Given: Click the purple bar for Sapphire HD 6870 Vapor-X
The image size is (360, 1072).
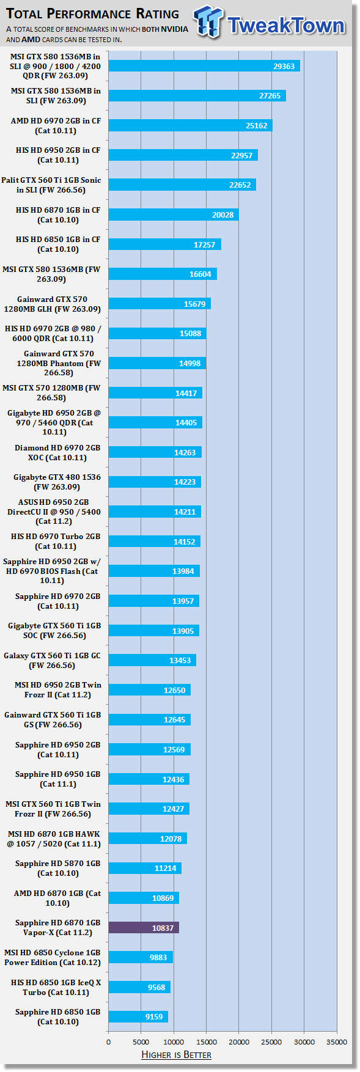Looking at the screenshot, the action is (144, 928).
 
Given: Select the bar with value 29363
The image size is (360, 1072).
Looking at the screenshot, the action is (204, 66).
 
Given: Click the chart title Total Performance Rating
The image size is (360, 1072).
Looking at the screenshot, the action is (92, 13).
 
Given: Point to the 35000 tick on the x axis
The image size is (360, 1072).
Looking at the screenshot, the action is (337, 1042).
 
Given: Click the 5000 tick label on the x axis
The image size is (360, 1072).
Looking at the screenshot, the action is (141, 1042).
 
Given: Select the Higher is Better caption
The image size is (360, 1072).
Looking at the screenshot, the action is (176, 1055).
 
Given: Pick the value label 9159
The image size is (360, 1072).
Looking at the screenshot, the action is (154, 1017).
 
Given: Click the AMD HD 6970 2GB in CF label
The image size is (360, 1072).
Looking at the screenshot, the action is (56, 126).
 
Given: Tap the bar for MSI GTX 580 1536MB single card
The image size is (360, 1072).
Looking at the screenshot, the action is (163, 274).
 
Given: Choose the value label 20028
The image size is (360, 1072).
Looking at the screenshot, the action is (223, 215).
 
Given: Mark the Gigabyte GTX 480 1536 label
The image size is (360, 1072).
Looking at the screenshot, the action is (57, 482).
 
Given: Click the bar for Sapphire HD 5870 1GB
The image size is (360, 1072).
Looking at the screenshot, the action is (145, 868).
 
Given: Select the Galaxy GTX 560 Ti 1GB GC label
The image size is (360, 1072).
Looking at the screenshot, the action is (52, 661).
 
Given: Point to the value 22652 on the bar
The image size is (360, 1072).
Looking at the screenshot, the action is (240, 185).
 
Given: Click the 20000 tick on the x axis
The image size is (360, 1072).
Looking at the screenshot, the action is (239, 1042).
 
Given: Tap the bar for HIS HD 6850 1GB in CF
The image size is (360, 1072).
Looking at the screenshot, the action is (165, 244).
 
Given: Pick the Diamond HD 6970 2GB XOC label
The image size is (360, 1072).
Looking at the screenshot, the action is (57, 453).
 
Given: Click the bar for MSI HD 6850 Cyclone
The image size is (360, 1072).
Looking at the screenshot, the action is (141, 958).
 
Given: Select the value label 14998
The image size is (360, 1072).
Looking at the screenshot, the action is (189, 364).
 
